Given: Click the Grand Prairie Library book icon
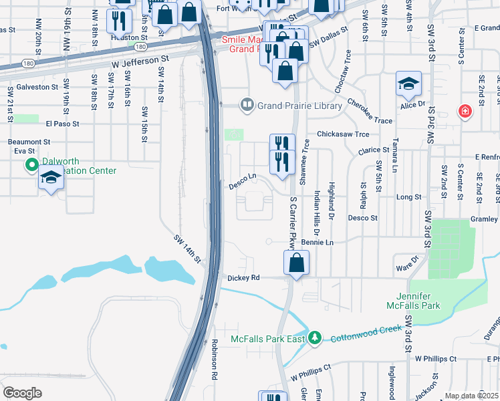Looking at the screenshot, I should pyautogui.click(x=247, y=105).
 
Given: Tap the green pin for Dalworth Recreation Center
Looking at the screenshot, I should pyautogui.click(x=31, y=164).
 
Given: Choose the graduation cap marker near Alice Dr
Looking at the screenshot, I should pyautogui.click(x=408, y=84).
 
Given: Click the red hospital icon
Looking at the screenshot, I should pyautogui.click(x=464, y=112).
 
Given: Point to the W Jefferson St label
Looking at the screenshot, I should pyautogui.click(x=140, y=59).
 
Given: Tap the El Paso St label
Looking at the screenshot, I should pyautogui.click(x=62, y=124).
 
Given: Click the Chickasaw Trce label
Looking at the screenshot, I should pyautogui.click(x=343, y=134).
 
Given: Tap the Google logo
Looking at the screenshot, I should pyautogui.click(x=22, y=393).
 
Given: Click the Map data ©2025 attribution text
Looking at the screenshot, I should pyautogui.click(x=472, y=396).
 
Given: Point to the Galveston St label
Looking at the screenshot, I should pyautogui.click(x=33, y=87).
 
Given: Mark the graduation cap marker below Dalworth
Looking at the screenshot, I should pyautogui.click(x=51, y=178).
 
